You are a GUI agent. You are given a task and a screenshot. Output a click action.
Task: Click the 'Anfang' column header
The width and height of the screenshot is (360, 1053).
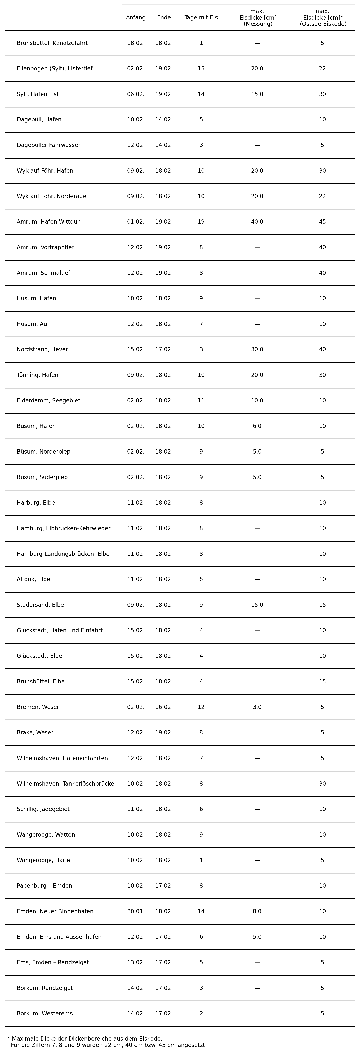point(136,18)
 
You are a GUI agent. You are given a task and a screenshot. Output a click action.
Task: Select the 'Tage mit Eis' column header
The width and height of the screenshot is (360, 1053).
point(201,18)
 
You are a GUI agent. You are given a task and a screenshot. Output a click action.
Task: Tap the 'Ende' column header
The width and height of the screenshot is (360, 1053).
point(164,18)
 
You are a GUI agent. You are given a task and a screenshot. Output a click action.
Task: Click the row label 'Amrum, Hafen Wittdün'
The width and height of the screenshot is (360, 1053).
point(49,222)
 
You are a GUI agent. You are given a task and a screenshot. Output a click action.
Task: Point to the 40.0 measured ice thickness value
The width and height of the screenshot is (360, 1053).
point(257,222)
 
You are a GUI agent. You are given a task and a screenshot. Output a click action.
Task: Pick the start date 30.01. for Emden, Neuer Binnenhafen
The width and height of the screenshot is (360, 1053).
point(136,912)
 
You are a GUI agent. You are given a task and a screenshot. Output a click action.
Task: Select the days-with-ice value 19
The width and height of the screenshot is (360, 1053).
point(201,222)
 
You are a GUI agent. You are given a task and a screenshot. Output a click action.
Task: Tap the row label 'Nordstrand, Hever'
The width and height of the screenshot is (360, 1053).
point(42,349)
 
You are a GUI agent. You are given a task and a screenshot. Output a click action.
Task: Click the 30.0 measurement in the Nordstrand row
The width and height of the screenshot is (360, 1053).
point(257,349)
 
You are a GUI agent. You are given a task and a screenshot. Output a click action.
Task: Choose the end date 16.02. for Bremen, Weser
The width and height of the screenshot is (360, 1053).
point(164,707)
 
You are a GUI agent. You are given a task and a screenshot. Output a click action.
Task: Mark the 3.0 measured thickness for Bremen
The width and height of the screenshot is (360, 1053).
point(257,707)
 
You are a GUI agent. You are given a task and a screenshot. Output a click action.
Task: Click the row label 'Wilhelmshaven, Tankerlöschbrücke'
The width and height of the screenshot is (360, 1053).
point(65,784)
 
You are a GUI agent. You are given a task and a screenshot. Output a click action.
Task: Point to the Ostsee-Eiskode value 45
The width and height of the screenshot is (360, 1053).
point(322,222)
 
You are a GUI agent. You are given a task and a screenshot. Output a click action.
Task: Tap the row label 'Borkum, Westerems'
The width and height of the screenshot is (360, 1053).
point(45,1014)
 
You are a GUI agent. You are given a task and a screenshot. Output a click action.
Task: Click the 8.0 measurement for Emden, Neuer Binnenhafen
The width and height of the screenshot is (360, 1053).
point(257,912)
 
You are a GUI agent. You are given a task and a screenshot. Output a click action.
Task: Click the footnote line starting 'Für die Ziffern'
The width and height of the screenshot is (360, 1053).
point(109,1045)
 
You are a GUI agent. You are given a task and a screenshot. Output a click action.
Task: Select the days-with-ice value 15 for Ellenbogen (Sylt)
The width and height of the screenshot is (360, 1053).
point(201,69)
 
